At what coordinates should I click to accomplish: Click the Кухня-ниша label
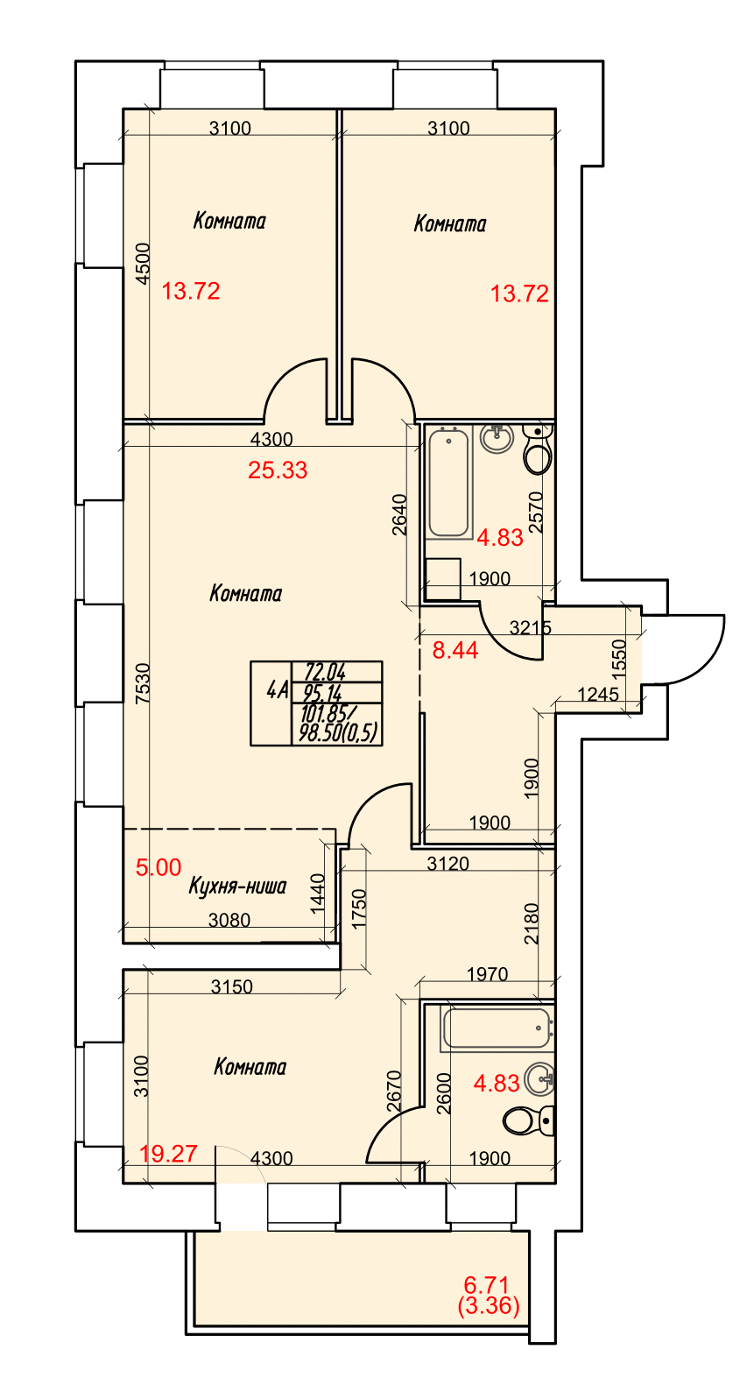coord(237,887)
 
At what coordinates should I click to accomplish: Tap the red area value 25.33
coord(278,470)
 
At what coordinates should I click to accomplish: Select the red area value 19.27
coord(168,1154)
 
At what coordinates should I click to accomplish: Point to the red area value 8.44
coord(455,650)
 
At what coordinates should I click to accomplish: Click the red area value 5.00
coord(159,867)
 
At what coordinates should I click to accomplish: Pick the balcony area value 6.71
coord(486,1285)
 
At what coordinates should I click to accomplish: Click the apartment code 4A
coord(277,691)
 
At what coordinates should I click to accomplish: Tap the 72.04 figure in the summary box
coord(325,672)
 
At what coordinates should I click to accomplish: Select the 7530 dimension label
coord(143,684)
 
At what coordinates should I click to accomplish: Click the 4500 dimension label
coord(143,264)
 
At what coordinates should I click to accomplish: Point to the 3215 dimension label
coord(531,628)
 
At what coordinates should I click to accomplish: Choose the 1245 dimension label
coord(599,695)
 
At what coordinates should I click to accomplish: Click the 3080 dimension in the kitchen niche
coord(229,920)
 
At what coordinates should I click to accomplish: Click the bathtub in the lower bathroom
coord(497,1028)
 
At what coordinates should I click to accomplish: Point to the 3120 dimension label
coord(447,864)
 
